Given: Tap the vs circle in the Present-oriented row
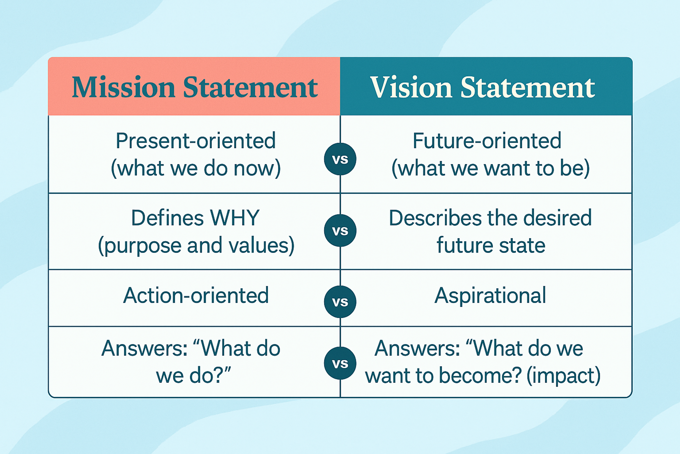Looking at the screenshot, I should (x=340, y=159).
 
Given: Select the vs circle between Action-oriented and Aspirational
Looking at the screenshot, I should (x=340, y=302).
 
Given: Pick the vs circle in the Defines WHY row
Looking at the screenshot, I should (x=340, y=231).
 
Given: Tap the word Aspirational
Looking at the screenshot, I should (x=490, y=296).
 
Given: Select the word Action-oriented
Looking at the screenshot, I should (x=196, y=296).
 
